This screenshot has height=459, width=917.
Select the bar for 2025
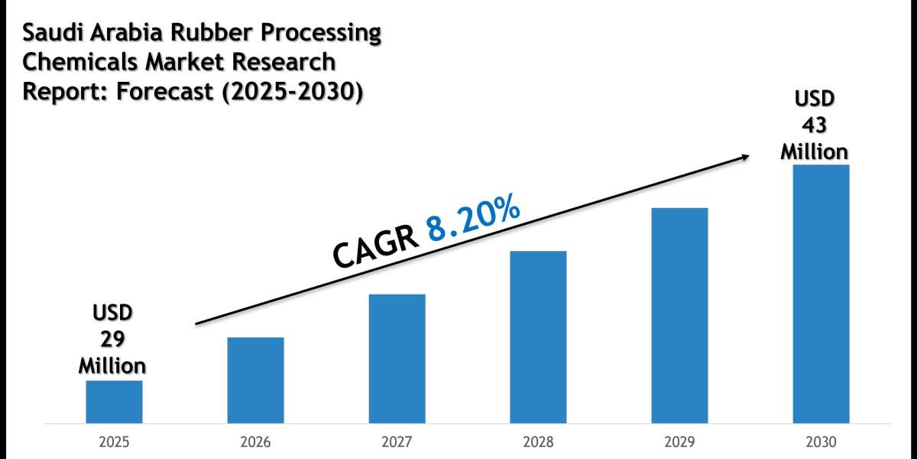click(114, 402)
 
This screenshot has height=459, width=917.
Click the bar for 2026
click(255, 380)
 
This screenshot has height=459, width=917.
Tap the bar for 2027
click(397, 359)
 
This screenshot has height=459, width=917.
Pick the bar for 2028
click(538, 337)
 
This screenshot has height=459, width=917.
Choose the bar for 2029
click(679, 315)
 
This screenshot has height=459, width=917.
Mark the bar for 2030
click(821, 294)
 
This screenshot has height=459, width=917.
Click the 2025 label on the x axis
click(114, 443)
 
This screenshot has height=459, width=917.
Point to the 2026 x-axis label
click(255, 443)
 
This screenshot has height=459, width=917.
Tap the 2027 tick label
click(397, 443)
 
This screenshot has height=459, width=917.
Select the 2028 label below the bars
click(538, 443)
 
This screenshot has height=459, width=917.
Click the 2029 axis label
click(679, 443)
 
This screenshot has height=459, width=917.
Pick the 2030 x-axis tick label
click(821, 443)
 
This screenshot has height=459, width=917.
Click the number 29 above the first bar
click(114, 339)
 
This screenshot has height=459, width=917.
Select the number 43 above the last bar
click(814, 125)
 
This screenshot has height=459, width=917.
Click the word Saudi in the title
click(50, 34)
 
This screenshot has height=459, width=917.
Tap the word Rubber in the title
click(205, 34)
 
